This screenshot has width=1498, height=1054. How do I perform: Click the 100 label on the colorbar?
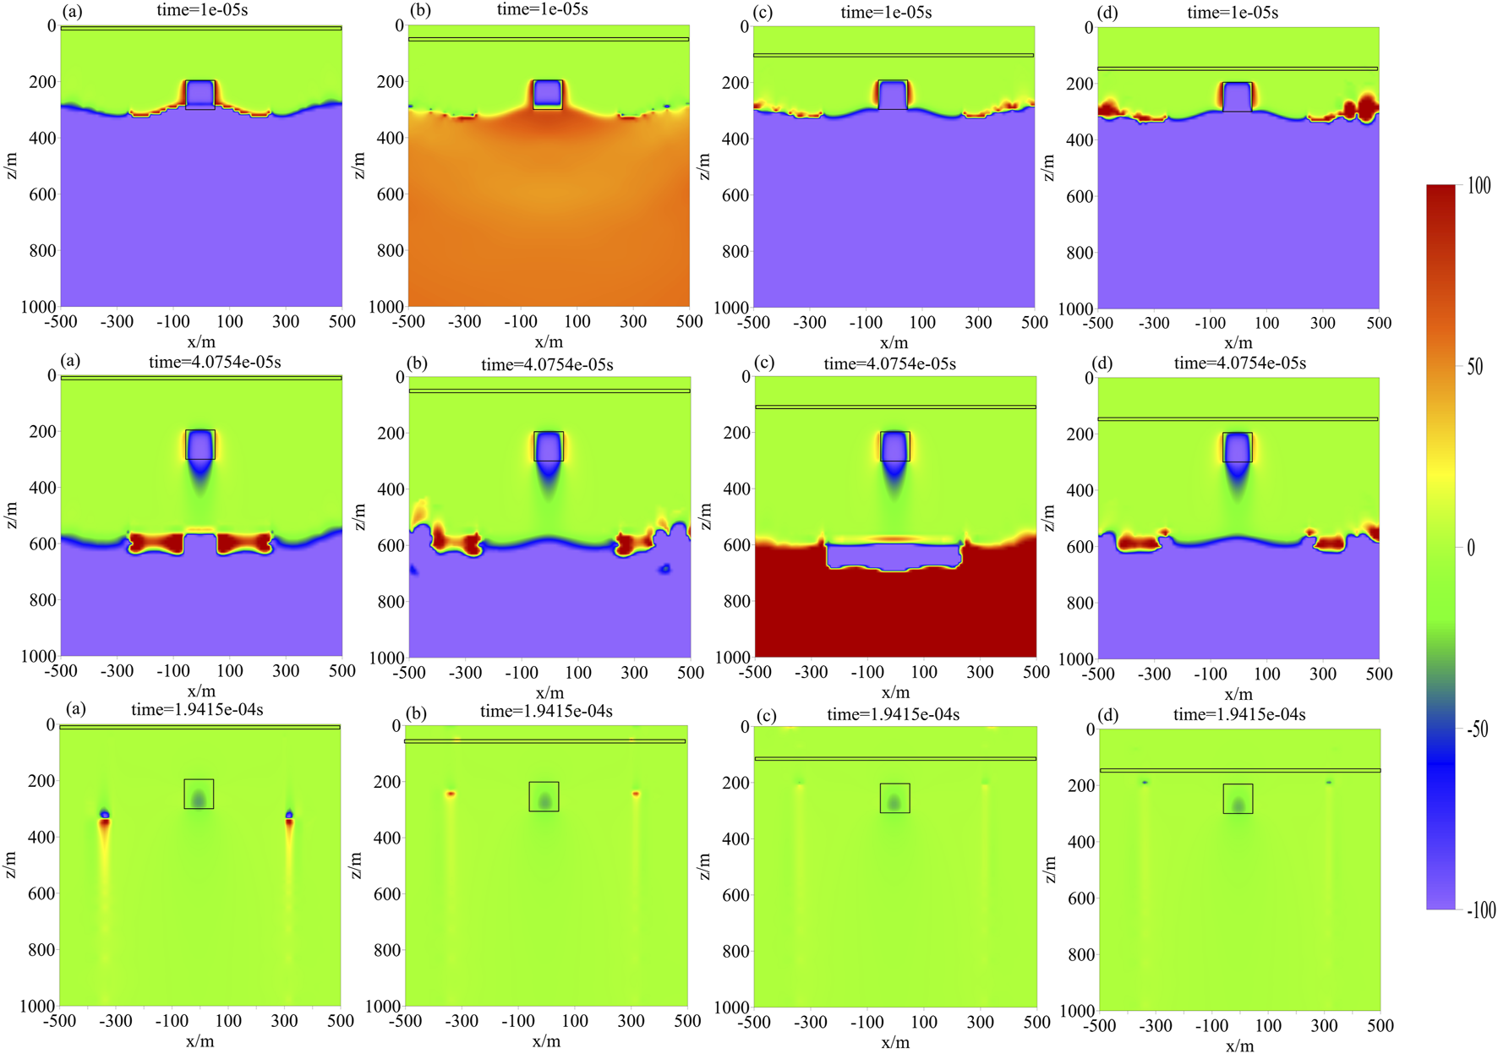tap(1479, 186)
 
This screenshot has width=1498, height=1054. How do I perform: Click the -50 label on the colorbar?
tap(1477, 729)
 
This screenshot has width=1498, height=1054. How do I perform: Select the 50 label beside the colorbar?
tap(1474, 367)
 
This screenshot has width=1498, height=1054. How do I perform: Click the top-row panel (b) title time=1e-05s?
tap(542, 10)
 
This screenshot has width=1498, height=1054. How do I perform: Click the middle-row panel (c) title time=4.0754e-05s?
tap(889, 363)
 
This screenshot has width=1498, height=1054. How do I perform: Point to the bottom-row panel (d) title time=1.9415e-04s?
tap(1238, 715)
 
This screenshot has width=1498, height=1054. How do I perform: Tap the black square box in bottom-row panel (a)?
tap(199, 794)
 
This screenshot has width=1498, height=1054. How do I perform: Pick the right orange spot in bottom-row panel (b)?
tap(636, 794)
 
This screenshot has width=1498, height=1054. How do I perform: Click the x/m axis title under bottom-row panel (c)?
tap(895, 1042)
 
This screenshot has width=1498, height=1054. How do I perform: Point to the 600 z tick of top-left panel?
tap(39, 194)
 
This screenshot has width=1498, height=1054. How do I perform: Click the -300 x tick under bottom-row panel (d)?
tap(1155, 1025)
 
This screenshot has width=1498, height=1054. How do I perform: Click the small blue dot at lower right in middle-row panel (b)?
tap(665, 569)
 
